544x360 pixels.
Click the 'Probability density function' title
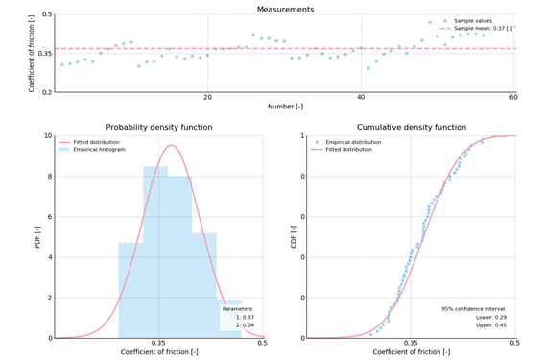tap(158, 127)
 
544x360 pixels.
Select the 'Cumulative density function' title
tap(411, 127)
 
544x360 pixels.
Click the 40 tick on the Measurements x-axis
tap(361, 98)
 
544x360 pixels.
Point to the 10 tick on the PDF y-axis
tap(47, 136)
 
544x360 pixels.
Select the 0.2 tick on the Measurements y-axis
tap(47, 92)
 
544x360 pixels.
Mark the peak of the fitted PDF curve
tap(172, 145)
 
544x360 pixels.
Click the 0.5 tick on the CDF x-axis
tap(515, 343)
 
